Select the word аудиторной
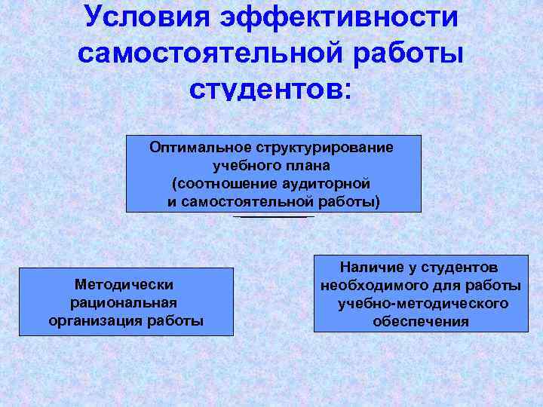[x=326, y=183]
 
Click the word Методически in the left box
[x=125, y=284]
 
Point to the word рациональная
[x=125, y=302]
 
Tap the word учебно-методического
[x=422, y=304]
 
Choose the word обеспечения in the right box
[x=421, y=322]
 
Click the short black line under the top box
[x=274, y=217]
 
